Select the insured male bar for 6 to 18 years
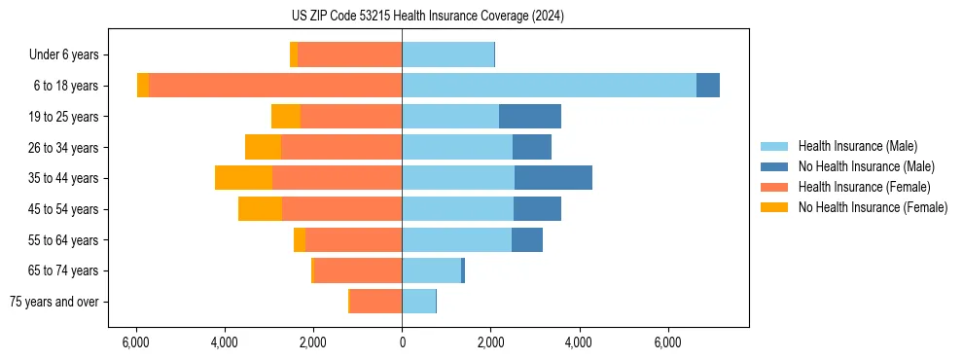[x=549, y=86]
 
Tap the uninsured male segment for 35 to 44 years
[x=553, y=178]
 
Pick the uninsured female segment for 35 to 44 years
[x=243, y=178]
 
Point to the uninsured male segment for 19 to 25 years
[x=530, y=117]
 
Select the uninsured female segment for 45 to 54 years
[x=260, y=209]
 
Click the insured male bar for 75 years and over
[x=418, y=302]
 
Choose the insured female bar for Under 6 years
[x=350, y=54]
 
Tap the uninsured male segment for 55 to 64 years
[x=527, y=239]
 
